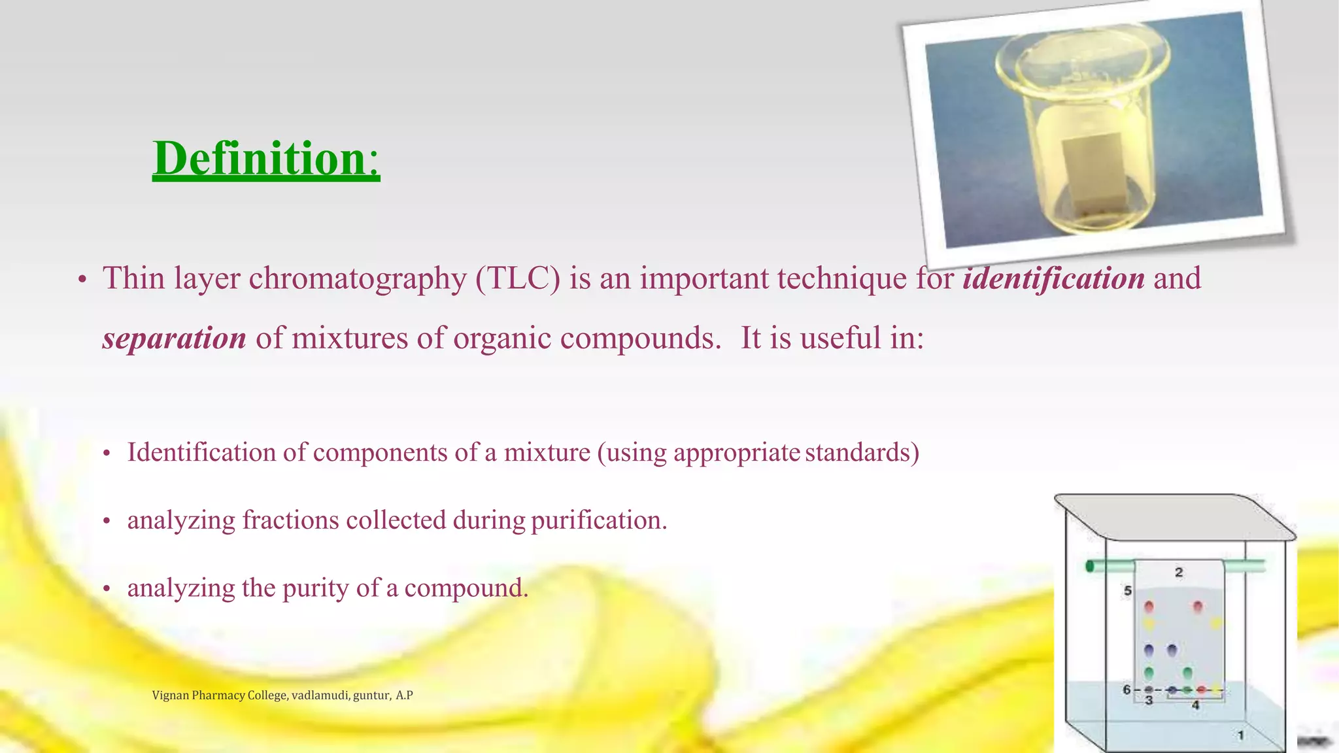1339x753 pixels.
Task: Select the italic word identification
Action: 1053,278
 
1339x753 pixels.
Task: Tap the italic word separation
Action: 174,339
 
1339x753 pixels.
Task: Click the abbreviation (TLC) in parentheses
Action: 518,278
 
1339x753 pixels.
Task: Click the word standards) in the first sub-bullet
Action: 862,452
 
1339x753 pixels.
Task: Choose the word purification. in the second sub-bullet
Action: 598,521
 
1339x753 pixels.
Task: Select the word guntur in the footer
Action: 371,695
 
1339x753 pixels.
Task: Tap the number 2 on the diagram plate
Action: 1179,573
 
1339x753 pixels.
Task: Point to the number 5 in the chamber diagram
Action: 1128,591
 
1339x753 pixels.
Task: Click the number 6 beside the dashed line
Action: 1127,690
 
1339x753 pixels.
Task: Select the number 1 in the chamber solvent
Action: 1240,735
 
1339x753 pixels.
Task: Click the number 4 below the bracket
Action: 1195,705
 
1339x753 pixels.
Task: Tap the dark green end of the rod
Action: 1090,566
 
